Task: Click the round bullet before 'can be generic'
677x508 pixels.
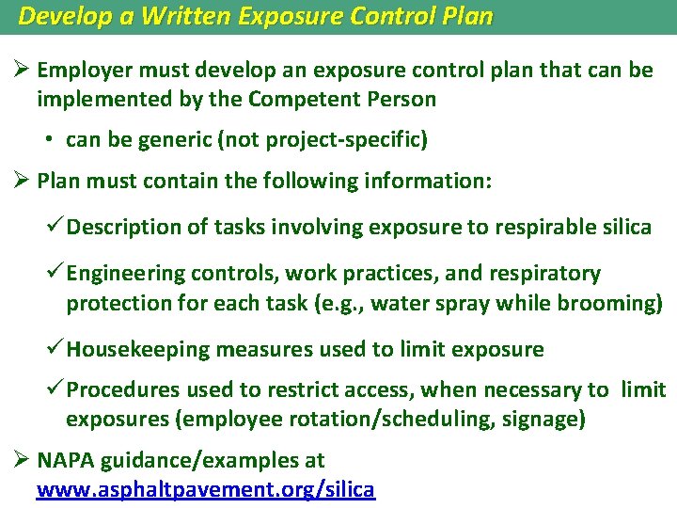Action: (x=49, y=140)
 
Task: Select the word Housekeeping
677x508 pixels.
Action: (x=138, y=350)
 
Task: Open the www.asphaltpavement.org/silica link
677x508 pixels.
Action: (x=206, y=489)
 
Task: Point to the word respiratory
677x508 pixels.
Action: (x=543, y=274)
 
